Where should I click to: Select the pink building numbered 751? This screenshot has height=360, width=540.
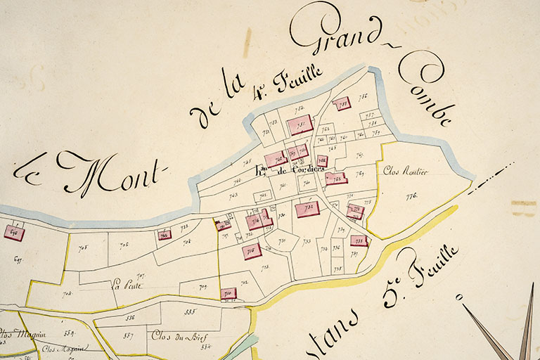(x=300, y=126)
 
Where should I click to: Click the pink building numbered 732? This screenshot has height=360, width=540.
(x=307, y=209)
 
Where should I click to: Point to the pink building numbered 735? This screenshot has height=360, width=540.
(x=359, y=241)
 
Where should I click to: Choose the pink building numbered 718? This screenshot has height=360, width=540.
(x=251, y=251)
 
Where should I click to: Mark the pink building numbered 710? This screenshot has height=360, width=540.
(x=229, y=294)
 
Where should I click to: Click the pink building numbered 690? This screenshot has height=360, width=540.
(x=14, y=233)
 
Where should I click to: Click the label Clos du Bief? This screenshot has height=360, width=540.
(x=174, y=335)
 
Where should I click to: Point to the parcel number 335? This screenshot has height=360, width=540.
(x=190, y=311)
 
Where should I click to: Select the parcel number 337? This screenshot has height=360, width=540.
(x=128, y=335)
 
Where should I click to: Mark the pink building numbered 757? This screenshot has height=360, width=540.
(x=341, y=104)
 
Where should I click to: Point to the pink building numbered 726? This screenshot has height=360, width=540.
(x=165, y=235)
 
